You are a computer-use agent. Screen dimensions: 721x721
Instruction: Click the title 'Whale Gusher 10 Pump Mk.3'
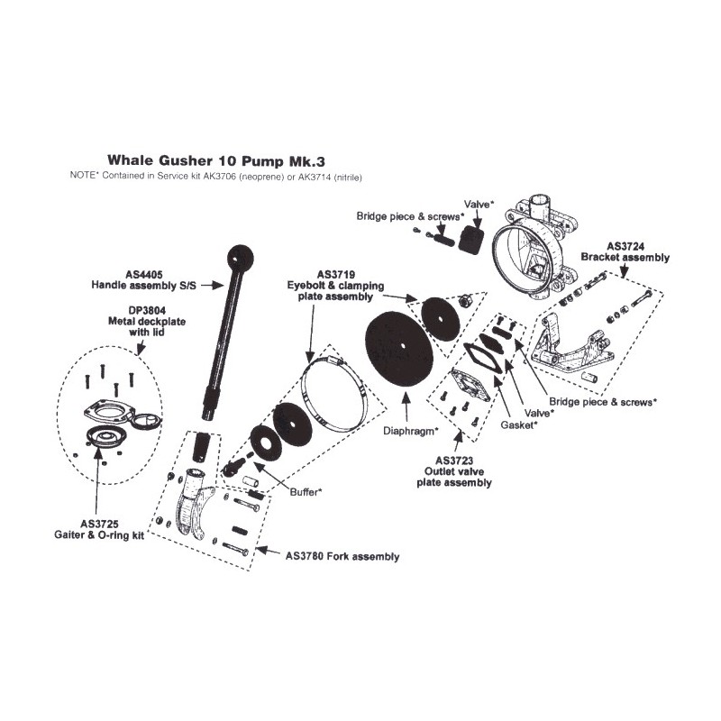pos(216,161)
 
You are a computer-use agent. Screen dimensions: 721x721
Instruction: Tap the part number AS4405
pos(144,275)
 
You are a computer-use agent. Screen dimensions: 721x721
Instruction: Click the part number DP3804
pos(147,310)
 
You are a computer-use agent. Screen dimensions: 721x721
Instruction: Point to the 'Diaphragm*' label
pos(411,431)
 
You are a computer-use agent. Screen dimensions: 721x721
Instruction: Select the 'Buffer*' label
pos(306,492)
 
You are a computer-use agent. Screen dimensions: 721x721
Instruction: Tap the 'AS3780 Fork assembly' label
pos(342,556)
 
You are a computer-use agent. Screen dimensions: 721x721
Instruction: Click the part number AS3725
pos(99,524)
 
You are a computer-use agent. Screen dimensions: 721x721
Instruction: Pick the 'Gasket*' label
pos(519,424)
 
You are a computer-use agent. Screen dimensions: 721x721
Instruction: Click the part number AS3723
pos(454,461)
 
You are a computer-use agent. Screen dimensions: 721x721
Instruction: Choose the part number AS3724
pos(625,246)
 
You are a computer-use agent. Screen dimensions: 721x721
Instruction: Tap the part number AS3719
pos(335,275)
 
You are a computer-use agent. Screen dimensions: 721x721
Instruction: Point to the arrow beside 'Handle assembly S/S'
pos(212,286)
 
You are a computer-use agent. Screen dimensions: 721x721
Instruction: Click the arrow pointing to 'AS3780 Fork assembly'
pos(268,551)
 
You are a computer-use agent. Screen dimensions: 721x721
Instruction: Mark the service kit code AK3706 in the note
pos(223,177)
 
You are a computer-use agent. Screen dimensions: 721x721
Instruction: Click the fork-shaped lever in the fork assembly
pos(193,504)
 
